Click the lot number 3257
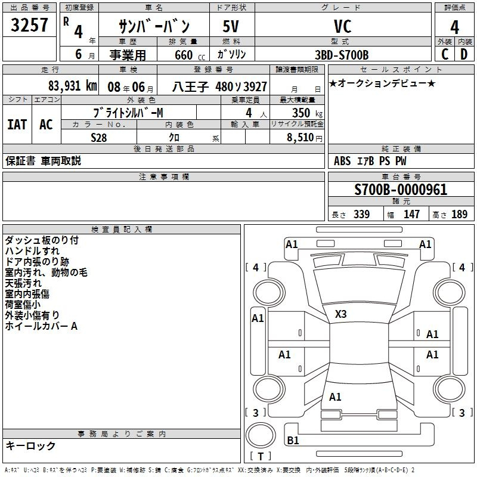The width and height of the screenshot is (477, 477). [x=29, y=24]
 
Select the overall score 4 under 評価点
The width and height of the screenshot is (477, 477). [x=454, y=27]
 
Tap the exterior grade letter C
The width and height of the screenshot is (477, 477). [x=445, y=54]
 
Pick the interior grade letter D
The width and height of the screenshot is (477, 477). [x=464, y=54]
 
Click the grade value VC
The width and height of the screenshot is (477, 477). [x=343, y=26]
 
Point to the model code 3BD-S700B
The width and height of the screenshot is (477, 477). [x=342, y=55]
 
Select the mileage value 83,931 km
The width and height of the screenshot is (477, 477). [x=73, y=86]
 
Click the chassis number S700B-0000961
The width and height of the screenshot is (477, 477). [x=401, y=189]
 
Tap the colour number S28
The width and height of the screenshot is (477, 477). [x=99, y=138]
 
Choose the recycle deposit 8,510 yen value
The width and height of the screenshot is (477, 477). [x=305, y=138]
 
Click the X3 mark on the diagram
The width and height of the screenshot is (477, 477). [x=340, y=314]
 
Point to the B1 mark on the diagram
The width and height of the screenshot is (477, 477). [x=293, y=440]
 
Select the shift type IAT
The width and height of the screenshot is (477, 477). [x=17, y=125]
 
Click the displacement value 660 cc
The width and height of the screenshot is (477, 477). [x=190, y=55]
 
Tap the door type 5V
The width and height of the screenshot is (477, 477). [x=231, y=26]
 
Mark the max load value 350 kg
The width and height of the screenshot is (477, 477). [x=307, y=113]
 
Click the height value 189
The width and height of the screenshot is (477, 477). [x=459, y=214]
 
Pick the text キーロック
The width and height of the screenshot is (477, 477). [x=30, y=445]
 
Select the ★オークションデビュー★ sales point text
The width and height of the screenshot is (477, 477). [x=382, y=83]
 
